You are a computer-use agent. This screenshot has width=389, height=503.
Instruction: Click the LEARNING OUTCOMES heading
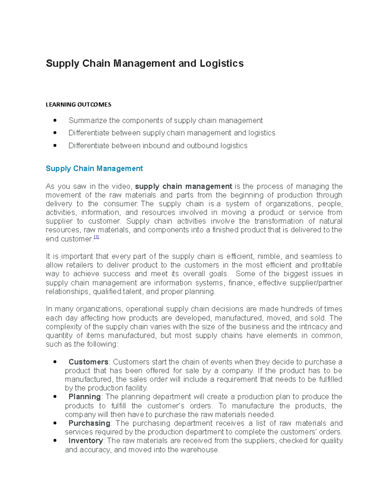pyautogui.click(x=78, y=105)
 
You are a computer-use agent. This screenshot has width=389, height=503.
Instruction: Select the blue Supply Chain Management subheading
pyautogui.click(x=94, y=168)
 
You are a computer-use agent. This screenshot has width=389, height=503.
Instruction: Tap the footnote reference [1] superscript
pyautogui.click(x=96, y=237)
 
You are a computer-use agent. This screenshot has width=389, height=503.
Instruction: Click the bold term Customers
pyautogui.click(x=88, y=362)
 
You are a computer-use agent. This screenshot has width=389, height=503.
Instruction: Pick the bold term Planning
pyautogui.click(x=85, y=397)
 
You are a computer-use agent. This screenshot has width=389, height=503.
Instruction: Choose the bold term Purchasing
pyautogui.click(x=89, y=423)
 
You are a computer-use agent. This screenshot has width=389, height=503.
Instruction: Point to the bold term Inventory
pyautogui.click(x=86, y=441)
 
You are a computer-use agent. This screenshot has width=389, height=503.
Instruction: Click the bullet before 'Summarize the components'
pyautogui.click(x=55, y=120)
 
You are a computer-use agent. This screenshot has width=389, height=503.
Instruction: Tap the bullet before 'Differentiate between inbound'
pyautogui.click(x=55, y=146)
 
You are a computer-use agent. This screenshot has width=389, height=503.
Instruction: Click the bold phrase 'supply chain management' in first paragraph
pyautogui.click(x=183, y=187)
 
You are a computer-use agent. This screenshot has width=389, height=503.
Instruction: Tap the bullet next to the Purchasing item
pyautogui.click(x=55, y=423)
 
